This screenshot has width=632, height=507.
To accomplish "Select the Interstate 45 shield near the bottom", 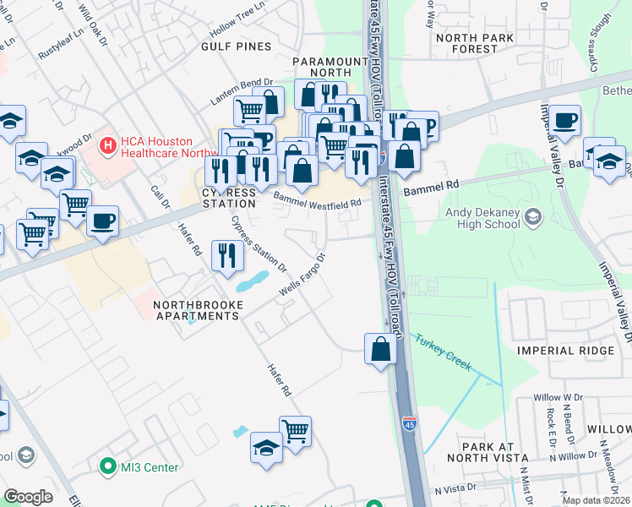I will pyautogui.click(x=409, y=420).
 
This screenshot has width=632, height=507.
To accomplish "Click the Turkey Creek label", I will pyautogui.click(x=442, y=354).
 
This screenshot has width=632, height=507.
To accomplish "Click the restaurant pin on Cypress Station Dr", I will pyautogui.click(x=226, y=254).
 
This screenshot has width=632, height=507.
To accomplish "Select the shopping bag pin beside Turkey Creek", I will pyautogui.click(x=380, y=347).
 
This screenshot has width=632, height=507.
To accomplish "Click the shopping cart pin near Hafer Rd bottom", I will pyautogui.click(x=295, y=430).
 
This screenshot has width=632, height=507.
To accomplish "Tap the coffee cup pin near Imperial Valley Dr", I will pyautogui.click(x=564, y=120).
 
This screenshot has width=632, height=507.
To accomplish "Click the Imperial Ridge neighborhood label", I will pyautogui.click(x=558, y=350).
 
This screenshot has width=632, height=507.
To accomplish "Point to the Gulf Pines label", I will pyautogui.click(x=236, y=46).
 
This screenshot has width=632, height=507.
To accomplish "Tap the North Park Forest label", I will pyautogui.click(x=476, y=43).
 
